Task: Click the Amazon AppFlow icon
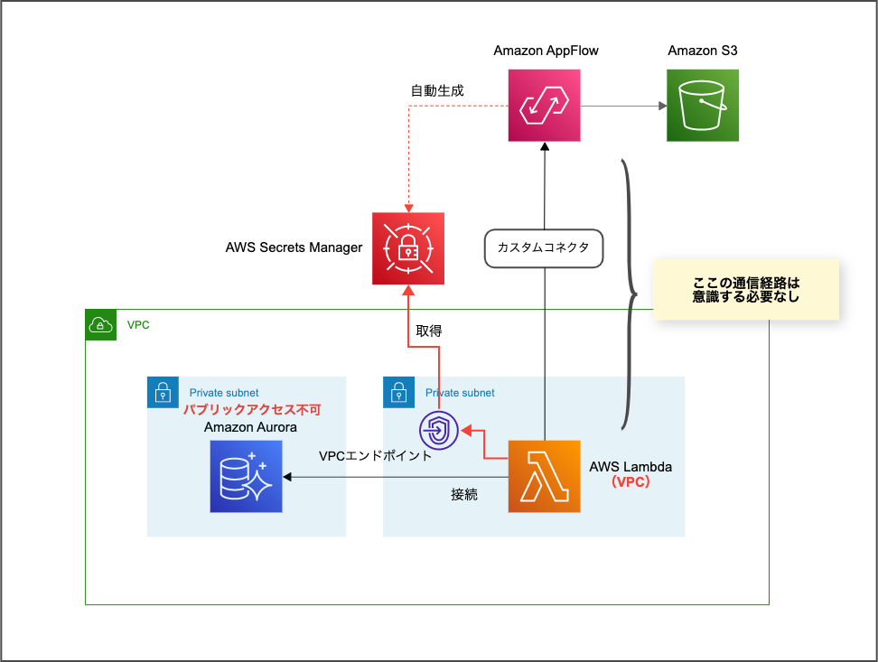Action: (544, 106)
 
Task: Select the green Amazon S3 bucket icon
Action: (703, 106)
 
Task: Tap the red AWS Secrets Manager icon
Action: (408, 248)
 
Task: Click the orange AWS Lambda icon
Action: (544, 476)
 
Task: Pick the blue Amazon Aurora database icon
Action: (246, 476)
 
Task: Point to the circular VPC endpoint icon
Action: (439, 430)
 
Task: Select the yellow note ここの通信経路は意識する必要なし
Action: (746, 290)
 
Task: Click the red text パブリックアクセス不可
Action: (253, 410)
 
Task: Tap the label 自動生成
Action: (437, 90)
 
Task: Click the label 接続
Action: (464, 494)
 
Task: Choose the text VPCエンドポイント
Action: (376, 456)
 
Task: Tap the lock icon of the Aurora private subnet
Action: (163, 392)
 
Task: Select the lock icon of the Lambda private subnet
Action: (398, 392)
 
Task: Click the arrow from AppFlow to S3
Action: (623, 106)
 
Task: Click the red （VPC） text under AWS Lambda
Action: (630, 482)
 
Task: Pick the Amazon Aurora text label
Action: (250, 426)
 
